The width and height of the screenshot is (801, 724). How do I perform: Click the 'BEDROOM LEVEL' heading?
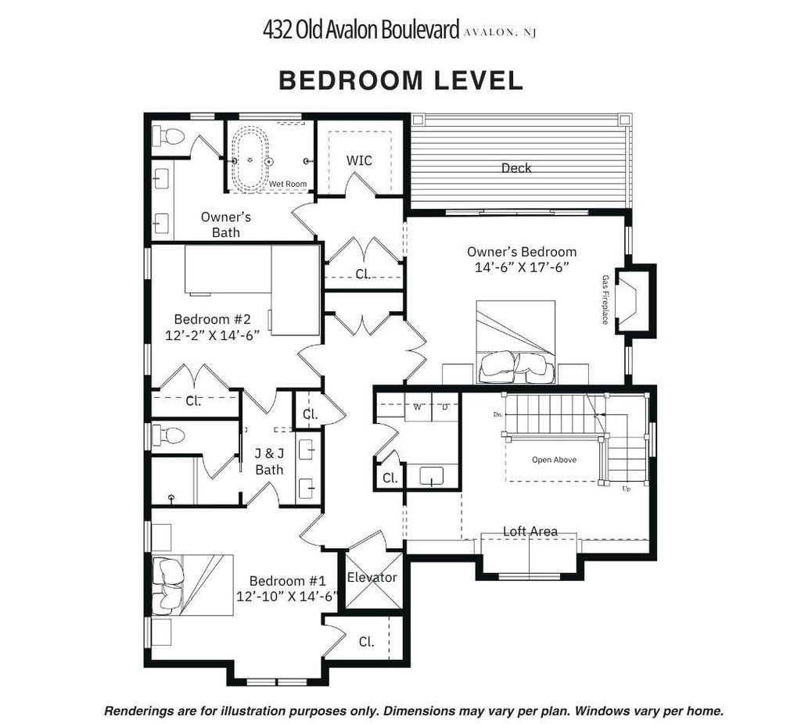400,81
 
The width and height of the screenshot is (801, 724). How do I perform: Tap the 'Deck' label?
516,167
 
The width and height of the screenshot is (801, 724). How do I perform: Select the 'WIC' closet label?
359,160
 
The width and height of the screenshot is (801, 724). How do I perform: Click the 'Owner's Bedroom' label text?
522,252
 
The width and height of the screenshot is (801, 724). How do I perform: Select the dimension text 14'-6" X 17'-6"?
522,267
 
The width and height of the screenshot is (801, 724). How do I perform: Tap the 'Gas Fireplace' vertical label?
605,299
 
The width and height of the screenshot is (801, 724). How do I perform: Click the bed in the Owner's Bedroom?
515,342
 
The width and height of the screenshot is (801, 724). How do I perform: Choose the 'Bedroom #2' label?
212,319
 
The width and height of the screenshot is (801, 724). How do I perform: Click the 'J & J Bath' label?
269,461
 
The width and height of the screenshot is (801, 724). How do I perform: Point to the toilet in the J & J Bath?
168,434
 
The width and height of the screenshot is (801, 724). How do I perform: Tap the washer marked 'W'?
418,407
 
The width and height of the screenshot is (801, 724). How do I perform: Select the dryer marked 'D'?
445,407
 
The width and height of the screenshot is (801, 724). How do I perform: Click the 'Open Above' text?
554,460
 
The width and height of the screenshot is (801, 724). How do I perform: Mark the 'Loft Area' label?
530,532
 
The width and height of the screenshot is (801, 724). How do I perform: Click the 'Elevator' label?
372,577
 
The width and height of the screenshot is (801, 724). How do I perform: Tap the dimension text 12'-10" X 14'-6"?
286,596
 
